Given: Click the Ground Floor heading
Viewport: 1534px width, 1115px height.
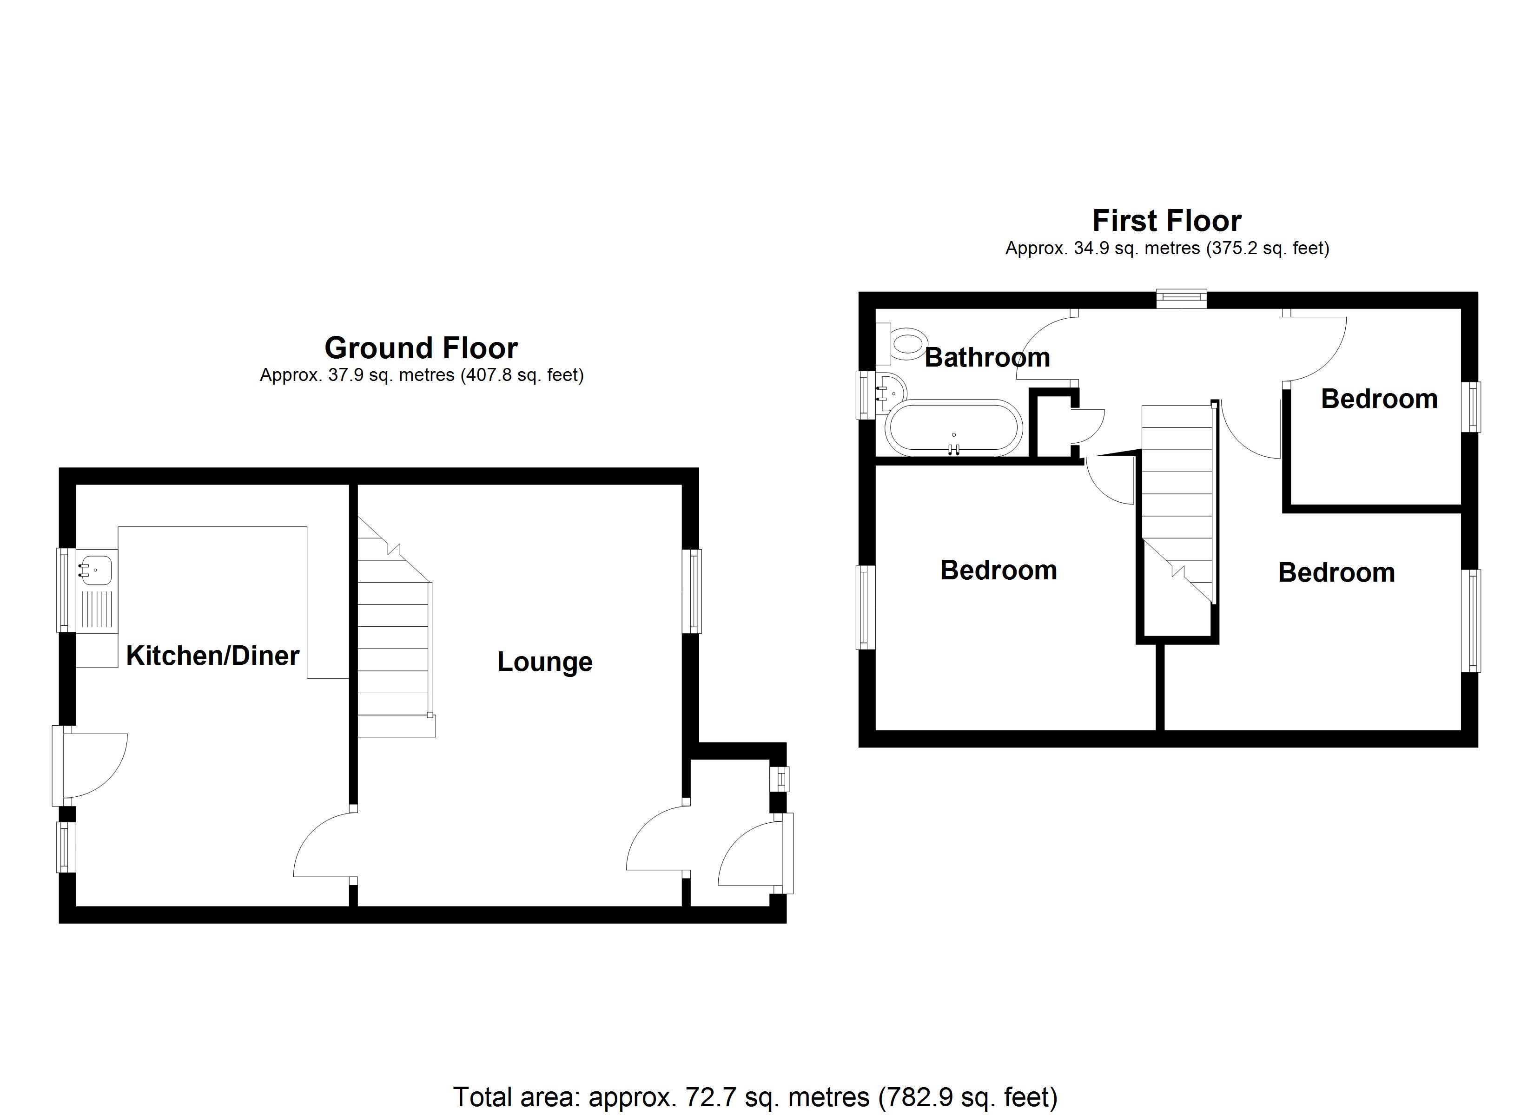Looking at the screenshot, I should [x=421, y=348].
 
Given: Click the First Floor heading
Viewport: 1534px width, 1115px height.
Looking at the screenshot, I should [x=1167, y=221].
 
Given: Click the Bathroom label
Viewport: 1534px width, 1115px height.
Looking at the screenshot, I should [x=987, y=357].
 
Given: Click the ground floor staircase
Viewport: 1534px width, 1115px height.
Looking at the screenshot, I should [x=394, y=649].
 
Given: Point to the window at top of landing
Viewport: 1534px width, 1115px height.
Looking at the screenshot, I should [x=1181, y=299].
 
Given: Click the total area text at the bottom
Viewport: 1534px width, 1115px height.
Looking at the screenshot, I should [x=755, y=1097].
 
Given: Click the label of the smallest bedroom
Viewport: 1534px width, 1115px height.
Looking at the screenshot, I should [x=1378, y=399].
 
